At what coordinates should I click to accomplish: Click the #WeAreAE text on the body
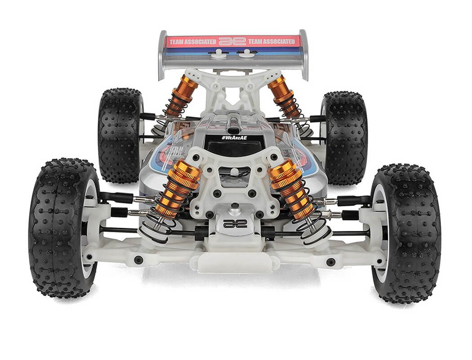pos(234,138)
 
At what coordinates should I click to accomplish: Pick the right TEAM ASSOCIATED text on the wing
pos(274,41)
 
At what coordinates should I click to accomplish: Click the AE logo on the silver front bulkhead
pos(235,224)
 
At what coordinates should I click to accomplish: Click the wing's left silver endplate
pos(162,54)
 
